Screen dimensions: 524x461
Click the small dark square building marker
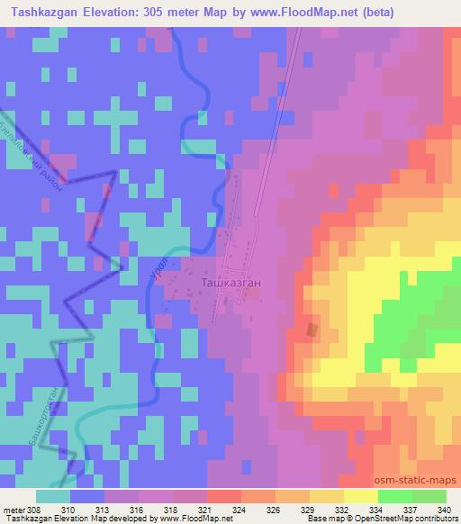(x=312, y=330)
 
